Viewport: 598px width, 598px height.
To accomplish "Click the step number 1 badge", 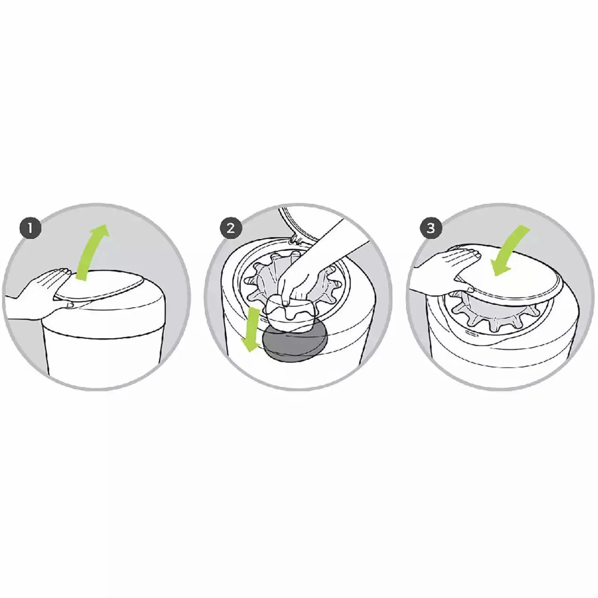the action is point(30,229).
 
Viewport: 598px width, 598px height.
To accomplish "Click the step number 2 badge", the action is point(231,229).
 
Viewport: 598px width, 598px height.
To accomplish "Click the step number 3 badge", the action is point(431,229).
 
